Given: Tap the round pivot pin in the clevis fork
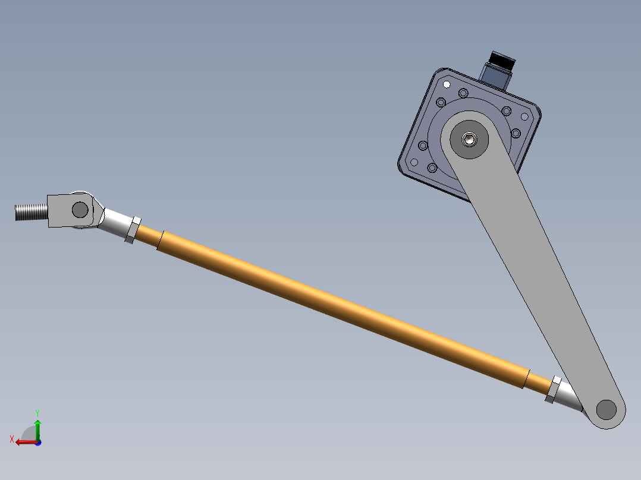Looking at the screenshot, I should point(80,209).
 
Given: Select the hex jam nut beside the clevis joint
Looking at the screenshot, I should point(133,229).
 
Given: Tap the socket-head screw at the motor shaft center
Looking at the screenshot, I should point(470,140).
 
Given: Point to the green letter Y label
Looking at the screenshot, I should point(37,412).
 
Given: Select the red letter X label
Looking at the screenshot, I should point(11,439).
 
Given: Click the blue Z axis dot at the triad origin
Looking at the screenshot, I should point(38,442).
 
